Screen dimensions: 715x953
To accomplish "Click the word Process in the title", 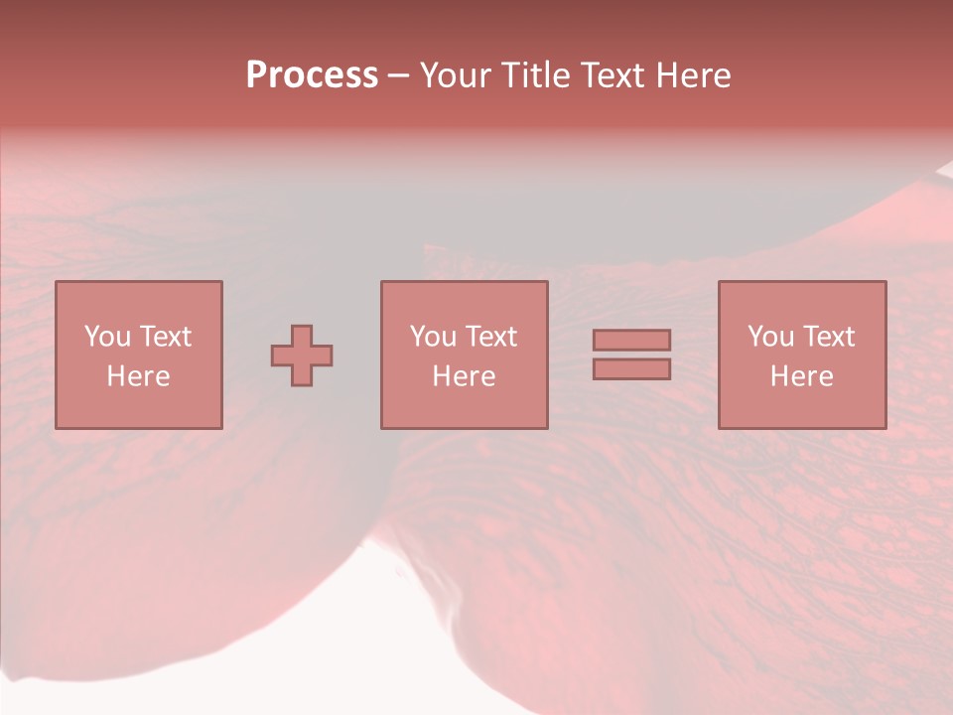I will tap(312, 75).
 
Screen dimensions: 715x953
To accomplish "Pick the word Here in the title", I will tap(696, 75).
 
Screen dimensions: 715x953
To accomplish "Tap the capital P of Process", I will tap(256, 75).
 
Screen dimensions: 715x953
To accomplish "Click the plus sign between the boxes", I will tap(302, 356).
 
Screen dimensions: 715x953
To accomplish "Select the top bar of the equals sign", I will tap(631, 340).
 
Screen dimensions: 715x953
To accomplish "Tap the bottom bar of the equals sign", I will tap(631, 369).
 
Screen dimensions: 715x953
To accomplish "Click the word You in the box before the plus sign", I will tap(107, 337).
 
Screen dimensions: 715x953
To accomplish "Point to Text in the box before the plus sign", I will tap(165, 337).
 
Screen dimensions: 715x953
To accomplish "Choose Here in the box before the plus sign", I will tap(138, 376).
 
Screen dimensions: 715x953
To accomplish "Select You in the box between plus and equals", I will tap(433, 337).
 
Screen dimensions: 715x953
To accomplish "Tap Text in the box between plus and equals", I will tap(490, 337).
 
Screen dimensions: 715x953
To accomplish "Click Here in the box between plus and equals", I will tap(464, 376).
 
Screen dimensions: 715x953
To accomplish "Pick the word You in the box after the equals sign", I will tap(770, 337).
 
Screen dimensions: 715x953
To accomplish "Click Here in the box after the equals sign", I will tap(801, 376).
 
